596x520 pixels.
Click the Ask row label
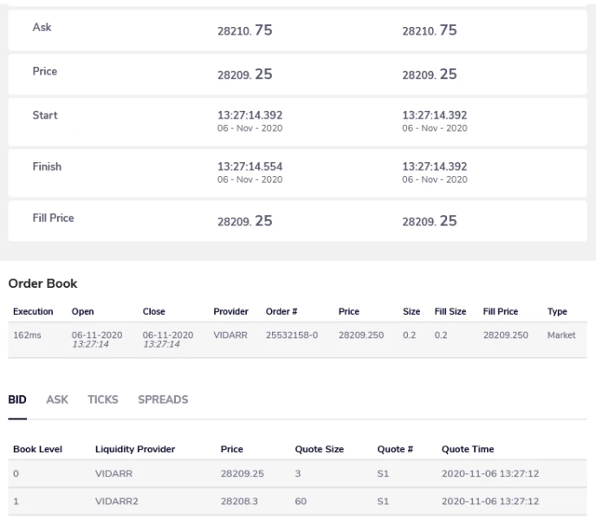[x=42, y=28]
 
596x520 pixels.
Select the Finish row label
[x=47, y=166]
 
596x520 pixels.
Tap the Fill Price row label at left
[x=53, y=218]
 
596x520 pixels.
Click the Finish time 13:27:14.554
[x=249, y=166]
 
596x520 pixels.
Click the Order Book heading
[x=42, y=283]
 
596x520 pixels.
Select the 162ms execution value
[x=26, y=335]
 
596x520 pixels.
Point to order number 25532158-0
[x=292, y=335]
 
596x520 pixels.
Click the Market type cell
[x=561, y=335]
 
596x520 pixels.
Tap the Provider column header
[x=230, y=312]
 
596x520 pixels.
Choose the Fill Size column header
[x=450, y=312]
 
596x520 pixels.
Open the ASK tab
[x=57, y=400]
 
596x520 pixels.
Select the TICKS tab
[x=103, y=400]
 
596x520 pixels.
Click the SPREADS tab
[x=163, y=400]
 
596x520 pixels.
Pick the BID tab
[x=17, y=400]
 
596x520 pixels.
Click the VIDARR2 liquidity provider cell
[x=118, y=502]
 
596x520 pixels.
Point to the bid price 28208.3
[x=238, y=502]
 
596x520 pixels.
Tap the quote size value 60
[x=301, y=502]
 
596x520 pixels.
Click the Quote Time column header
[x=468, y=450]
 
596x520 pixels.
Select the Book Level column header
[x=37, y=450]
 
